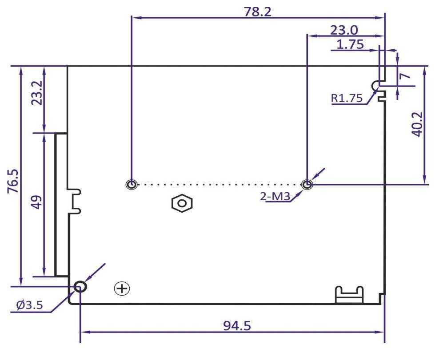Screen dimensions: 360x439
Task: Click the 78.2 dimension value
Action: tap(257, 12)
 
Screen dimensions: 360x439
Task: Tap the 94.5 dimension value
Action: tap(236, 325)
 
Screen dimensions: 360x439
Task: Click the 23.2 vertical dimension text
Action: tap(37, 92)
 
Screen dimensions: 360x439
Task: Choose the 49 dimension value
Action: tap(37, 202)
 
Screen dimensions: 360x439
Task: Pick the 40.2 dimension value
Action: tap(417, 124)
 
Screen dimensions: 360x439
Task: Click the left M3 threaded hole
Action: tap(132, 185)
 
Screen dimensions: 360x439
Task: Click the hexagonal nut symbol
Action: tap(181, 203)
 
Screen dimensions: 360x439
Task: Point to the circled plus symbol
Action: tap(122, 289)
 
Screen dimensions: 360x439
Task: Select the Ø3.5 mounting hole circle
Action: tap(80, 287)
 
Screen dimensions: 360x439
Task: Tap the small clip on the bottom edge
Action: tap(349, 294)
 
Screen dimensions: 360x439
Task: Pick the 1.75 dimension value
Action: tap(351, 44)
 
